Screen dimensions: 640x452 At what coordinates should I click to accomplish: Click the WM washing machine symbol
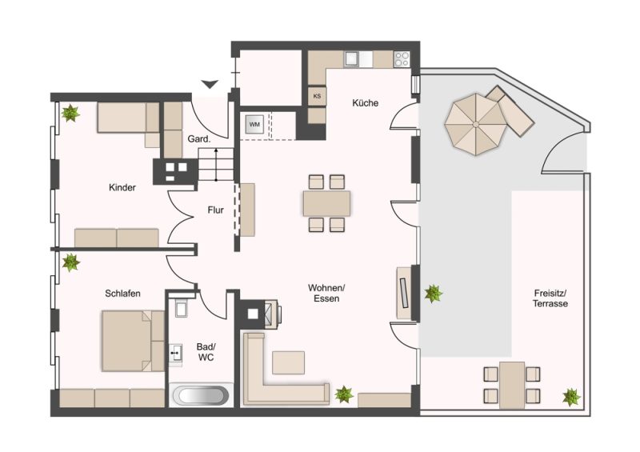tap(254, 124)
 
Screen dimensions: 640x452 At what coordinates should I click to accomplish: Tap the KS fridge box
tap(317, 97)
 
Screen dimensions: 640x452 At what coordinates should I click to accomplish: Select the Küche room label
tap(366, 103)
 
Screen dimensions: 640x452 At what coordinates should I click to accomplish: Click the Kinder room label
tap(122, 187)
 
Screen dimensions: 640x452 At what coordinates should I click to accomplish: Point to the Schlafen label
tap(122, 293)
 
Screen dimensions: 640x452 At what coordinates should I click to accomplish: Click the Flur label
tap(215, 210)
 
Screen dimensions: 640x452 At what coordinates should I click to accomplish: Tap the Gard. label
tap(198, 139)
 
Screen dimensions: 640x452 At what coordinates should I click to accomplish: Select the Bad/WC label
tap(206, 352)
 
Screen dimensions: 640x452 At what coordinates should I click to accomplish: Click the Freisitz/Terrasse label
tap(550, 298)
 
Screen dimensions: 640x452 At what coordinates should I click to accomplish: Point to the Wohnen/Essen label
tap(326, 293)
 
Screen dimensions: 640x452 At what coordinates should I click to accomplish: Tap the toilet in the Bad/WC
tap(181, 308)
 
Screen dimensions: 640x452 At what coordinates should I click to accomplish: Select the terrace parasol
tap(475, 124)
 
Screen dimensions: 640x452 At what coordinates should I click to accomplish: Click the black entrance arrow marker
tap(210, 84)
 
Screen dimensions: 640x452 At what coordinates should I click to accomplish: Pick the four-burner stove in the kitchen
tap(402, 58)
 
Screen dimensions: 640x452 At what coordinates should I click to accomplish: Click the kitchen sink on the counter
tap(353, 58)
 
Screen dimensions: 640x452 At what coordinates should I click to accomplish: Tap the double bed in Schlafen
tap(133, 341)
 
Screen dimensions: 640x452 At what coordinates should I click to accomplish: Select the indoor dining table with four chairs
tap(326, 203)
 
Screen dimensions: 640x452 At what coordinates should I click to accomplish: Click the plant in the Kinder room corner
tap(70, 113)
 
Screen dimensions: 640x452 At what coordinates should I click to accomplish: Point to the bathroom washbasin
tap(176, 353)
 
